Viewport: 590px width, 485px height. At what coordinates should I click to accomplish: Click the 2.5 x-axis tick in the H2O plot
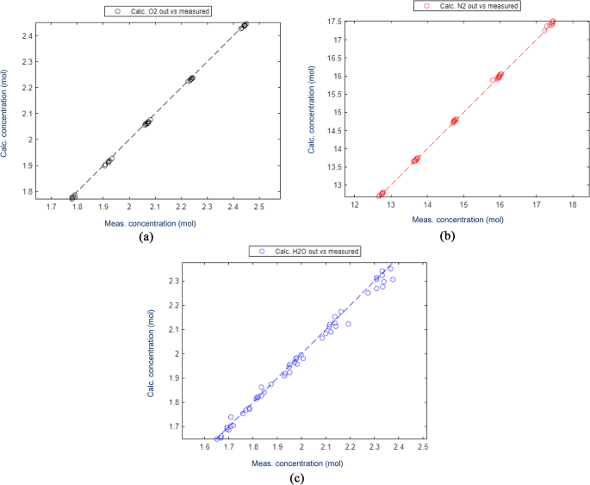422,448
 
